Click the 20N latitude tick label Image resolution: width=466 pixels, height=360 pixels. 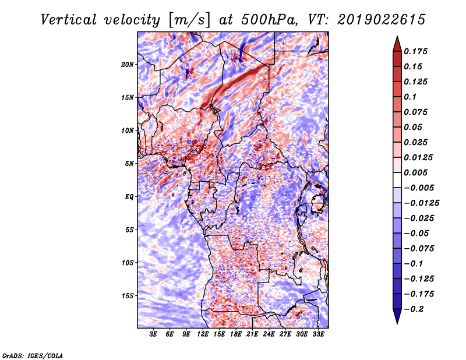[127, 65]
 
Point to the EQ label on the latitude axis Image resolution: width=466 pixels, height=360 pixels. [129, 197]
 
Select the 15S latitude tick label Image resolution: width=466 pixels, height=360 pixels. [127, 296]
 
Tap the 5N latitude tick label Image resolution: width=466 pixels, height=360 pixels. [129, 164]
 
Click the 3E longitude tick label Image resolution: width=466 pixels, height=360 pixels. [153, 334]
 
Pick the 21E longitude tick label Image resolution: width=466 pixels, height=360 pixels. [252, 334]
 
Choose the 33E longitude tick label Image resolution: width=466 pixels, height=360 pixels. [318, 334]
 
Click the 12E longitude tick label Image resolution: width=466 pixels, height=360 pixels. [203, 334]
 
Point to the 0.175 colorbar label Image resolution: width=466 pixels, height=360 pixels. [415, 51]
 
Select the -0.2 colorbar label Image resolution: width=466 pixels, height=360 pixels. [414, 309]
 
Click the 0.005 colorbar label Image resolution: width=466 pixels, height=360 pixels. [415, 172]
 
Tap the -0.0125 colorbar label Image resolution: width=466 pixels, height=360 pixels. [421, 203]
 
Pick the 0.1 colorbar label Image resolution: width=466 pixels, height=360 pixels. [410, 97]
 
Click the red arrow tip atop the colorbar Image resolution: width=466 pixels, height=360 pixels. [397, 36]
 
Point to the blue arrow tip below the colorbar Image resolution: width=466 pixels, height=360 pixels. [397, 323]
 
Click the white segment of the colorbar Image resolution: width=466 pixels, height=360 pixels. [397, 180]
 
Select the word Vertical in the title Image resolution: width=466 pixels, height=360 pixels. [68, 20]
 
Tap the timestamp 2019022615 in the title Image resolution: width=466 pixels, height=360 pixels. [382, 20]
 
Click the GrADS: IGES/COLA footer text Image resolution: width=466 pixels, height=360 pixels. [33, 355]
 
